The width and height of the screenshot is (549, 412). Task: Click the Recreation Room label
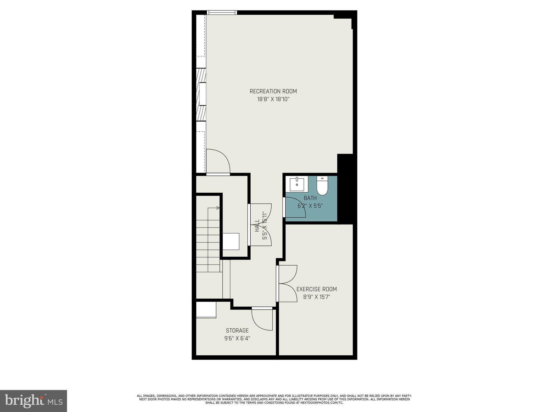273,91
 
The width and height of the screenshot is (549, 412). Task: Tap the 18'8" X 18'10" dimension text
273,99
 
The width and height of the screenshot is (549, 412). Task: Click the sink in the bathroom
297,184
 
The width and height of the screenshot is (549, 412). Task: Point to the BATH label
310,198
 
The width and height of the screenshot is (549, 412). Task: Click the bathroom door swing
295,208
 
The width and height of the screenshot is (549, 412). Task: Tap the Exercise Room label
316,289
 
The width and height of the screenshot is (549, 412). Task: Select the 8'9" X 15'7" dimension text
316,297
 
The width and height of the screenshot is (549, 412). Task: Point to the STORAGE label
237,330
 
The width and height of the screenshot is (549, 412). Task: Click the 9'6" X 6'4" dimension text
237,339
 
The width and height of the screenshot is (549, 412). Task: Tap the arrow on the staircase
218,208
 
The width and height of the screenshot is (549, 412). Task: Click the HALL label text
257,226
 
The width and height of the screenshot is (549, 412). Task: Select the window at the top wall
222,12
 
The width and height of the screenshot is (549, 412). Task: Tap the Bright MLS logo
34,401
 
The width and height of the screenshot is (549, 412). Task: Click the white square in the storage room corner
206,310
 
